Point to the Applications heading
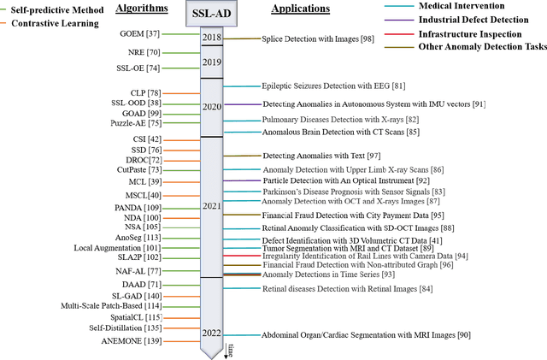pos(300,9)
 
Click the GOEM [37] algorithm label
pos(138,33)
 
